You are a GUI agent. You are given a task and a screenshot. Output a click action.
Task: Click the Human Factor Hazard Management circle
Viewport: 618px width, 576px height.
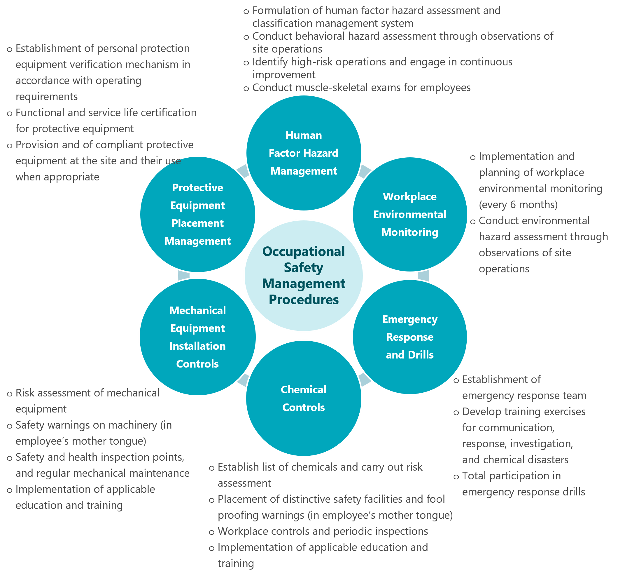tap(303, 153)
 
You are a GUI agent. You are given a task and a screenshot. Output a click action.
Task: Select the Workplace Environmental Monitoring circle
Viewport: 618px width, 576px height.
tap(410, 214)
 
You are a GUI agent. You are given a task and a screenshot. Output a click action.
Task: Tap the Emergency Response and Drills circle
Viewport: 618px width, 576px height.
tap(410, 337)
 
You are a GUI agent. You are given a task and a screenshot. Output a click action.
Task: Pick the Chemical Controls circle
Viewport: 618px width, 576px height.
tap(303, 398)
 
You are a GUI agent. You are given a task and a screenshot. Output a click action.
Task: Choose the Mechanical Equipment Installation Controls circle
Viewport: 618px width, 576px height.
tap(197, 337)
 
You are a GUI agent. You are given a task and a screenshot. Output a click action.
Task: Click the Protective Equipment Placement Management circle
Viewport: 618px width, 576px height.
tap(197, 214)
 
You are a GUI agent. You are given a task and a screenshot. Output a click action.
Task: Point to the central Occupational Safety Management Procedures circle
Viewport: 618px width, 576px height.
tap(303, 276)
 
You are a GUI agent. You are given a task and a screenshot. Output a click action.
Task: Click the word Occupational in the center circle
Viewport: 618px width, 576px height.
tap(303, 251)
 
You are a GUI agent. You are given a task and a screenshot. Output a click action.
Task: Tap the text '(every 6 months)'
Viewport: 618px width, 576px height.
tap(518, 204)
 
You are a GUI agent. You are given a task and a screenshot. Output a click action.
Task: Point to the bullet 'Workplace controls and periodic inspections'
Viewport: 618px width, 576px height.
tap(322, 531)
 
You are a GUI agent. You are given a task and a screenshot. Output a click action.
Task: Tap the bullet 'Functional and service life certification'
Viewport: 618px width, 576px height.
tap(106, 113)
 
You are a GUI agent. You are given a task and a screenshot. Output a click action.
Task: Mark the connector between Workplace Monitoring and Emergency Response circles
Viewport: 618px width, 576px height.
tap(423, 276)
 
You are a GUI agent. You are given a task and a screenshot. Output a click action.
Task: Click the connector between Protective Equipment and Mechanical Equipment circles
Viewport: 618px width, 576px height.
tap(184, 276)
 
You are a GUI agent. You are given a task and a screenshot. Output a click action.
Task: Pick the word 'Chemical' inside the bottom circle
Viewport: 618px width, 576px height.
tap(303, 390)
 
